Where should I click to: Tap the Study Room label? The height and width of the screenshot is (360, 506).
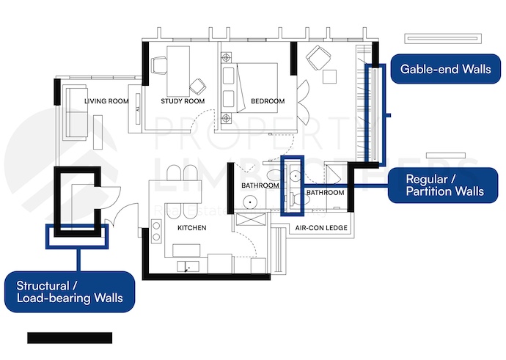point(182,101)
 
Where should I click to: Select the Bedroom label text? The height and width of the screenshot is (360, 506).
point(267,101)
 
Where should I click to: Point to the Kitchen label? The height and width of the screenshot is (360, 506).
point(191,228)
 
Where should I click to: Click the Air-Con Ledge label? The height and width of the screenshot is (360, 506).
point(321,228)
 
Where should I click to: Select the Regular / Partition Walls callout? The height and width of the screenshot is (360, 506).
point(445,185)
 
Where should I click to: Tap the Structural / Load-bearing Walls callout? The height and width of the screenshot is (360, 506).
point(70,291)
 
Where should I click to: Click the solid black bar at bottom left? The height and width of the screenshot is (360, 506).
point(70,337)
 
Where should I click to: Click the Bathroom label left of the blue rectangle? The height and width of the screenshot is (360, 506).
point(260,185)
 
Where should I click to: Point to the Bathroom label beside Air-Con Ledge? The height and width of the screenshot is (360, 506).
point(325,193)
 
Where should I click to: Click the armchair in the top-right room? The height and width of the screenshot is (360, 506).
point(318,56)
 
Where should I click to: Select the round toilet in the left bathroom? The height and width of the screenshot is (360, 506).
point(251,199)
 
